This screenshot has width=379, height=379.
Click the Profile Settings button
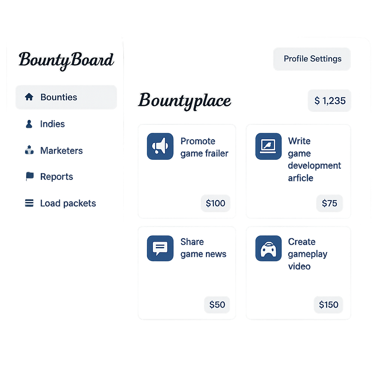(312, 59)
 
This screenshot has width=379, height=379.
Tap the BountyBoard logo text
(66, 60)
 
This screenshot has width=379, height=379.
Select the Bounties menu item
(66, 97)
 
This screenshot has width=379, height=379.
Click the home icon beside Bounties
(29, 97)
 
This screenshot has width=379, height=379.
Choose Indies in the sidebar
(52, 124)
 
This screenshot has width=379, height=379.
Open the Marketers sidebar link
(61, 151)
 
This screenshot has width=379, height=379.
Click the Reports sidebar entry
(56, 177)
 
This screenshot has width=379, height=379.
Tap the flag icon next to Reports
(30, 176)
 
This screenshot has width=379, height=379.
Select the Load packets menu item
(68, 203)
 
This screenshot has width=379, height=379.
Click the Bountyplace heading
(185, 101)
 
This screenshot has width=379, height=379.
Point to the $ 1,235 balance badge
(329, 100)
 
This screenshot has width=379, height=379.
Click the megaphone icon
(160, 146)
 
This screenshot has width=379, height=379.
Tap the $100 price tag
(215, 203)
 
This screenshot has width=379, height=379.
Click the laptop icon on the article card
(268, 146)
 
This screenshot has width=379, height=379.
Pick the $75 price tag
(329, 203)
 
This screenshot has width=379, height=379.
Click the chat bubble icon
(160, 248)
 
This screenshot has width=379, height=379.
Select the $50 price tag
(217, 305)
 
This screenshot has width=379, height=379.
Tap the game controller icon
(268, 248)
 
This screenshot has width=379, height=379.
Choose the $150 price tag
(328, 305)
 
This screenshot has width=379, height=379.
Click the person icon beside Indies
(29, 124)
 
